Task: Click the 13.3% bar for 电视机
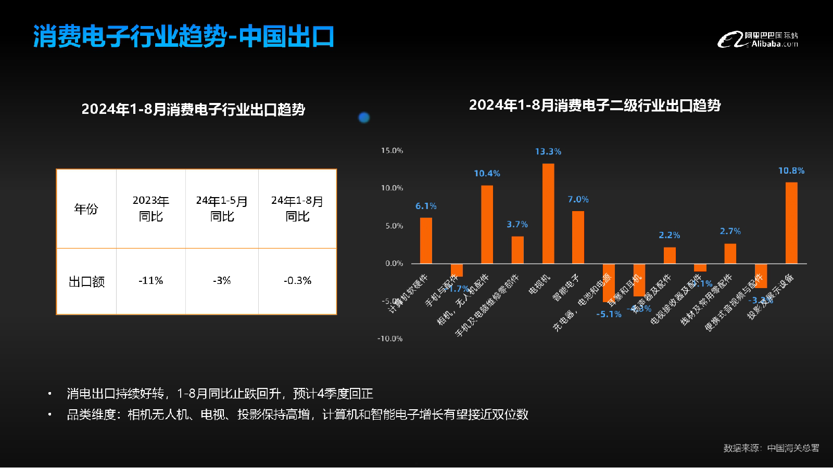tap(548, 214)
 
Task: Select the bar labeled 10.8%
tap(791, 223)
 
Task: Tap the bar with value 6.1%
tap(426, 241)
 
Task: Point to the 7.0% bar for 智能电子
tap(578, 237)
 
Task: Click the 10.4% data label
tap(487, 174)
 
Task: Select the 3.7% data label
tap(517, 225)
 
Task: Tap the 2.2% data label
tap(669, 236)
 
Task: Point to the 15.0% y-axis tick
tap(392, 151)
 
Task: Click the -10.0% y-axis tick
tap(390, 339)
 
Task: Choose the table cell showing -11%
tap(150, 281)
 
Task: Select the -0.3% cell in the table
tap(297, 281)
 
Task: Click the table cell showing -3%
tap(222, 281)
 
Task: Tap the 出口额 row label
tap(86, 282)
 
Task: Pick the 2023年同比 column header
tap(150, 209)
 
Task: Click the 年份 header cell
tap(86, 209)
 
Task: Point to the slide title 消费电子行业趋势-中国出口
tap(183, 37)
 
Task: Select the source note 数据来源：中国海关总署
tap(771, 448)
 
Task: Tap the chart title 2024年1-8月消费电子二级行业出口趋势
tap(595, 106)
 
